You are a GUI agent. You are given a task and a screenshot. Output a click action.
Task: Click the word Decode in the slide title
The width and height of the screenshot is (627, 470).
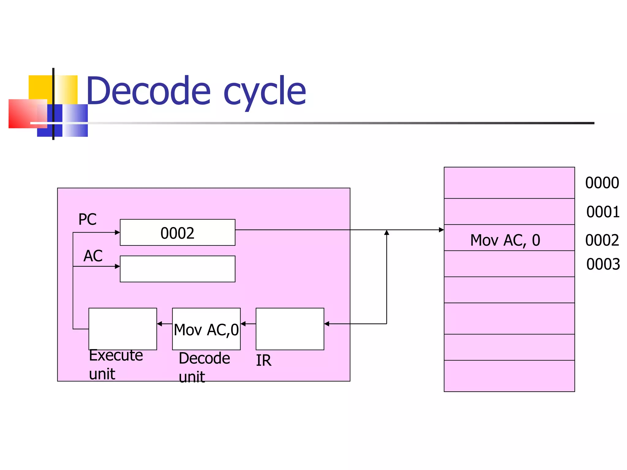(149, 91)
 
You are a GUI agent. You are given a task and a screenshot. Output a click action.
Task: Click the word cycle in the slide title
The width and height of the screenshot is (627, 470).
(265, 92)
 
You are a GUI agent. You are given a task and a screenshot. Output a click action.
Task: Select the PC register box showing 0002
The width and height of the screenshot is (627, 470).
(177, 233)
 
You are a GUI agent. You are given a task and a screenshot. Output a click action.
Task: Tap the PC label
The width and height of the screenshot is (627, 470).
(87, 219)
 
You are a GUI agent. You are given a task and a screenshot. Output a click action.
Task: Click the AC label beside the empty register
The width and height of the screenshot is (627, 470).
(93, 256)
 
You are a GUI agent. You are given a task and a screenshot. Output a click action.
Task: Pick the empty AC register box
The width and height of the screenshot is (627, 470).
(177, 269)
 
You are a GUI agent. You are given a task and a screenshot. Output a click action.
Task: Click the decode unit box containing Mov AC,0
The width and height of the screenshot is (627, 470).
(206, 329)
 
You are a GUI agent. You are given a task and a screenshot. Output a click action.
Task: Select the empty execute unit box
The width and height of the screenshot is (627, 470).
(122, 329)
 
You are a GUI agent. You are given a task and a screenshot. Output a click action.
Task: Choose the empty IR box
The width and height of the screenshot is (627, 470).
(290, 329)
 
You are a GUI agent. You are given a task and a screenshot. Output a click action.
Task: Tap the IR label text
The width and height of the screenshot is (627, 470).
(263, 360)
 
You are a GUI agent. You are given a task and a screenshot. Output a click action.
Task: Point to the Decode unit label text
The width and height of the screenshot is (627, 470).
(204, 367)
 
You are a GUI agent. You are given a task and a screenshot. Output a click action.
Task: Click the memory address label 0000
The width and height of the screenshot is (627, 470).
(602, 183)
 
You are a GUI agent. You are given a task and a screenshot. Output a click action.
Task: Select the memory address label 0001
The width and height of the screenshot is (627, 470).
(603, 212)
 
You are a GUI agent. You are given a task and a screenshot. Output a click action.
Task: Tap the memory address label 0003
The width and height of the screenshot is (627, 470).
(603, 264)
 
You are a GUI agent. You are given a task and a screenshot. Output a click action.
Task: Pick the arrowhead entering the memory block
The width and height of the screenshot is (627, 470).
(441, 230)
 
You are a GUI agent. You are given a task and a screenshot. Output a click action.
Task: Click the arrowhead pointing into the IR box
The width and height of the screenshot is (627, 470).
(327, 324)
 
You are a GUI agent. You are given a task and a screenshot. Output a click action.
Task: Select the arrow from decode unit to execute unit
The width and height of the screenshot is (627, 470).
(164, 324)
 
